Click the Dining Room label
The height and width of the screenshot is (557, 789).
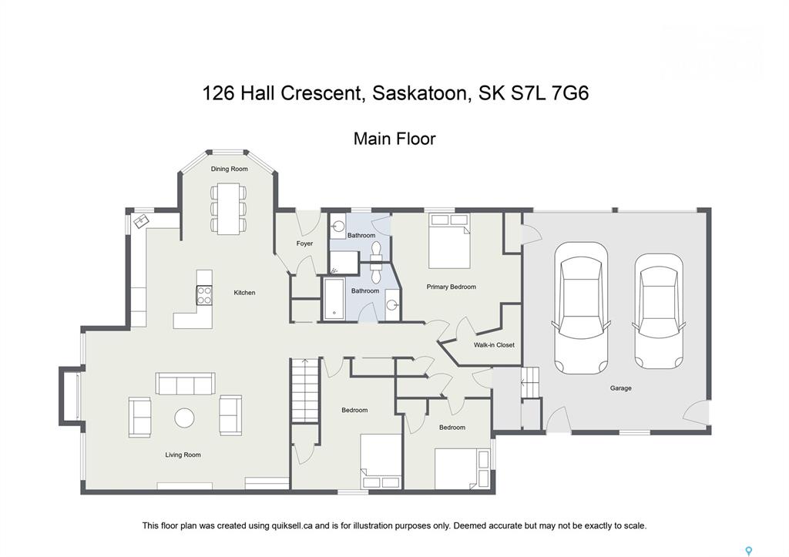pos(229,169)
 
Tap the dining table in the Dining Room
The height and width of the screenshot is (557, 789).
pos(229,208)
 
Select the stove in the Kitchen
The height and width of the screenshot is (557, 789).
pos(204,295)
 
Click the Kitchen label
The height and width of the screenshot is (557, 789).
pos(244,292)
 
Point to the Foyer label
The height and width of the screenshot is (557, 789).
pos(304,243)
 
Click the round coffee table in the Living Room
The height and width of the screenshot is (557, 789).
pos(184,418)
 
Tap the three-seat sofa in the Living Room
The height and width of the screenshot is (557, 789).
pos(185,384)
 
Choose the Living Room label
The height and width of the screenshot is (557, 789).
pos(183,455)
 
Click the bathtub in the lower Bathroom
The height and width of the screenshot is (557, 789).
pos(334,299)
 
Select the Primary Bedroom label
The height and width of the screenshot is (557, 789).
pos(451,287)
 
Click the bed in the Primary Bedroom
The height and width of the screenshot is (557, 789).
pos(449,241)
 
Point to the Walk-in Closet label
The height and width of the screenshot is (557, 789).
pos(494,345)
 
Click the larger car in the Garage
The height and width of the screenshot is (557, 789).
pos(581,308)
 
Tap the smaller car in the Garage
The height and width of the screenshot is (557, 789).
pos(658,311)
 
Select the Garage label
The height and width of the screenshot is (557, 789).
pos(620,388)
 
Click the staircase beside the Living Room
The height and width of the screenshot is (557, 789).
pos(305,391)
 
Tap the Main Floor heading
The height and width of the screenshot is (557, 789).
pos(394,139)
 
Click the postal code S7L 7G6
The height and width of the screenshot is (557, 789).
pos(549,93)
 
